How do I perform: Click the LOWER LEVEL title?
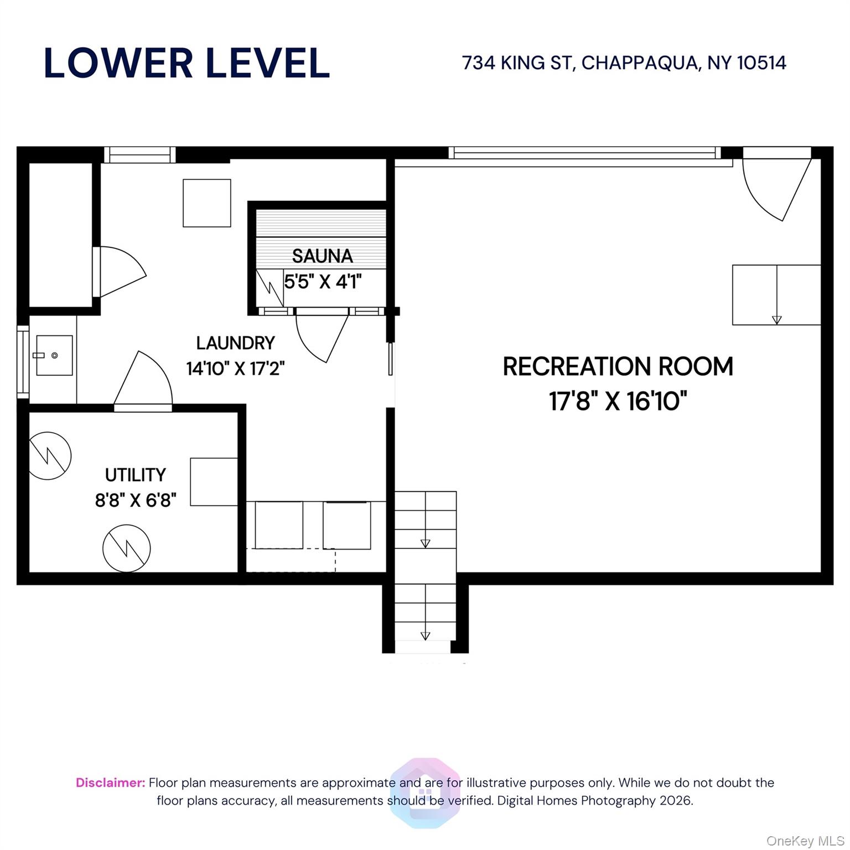(186, 63)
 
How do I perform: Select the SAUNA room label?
(322, 256)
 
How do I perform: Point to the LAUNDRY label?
(235, 343)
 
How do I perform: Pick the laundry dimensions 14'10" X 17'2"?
(235, 368)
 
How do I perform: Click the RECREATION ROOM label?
(618, 366)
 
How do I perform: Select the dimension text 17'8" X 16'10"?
(618, 401)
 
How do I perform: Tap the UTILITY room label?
(135, 475)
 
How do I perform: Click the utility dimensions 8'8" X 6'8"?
(136, 500)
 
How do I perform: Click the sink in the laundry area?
(54, 355)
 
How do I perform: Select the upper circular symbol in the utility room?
(50, 455)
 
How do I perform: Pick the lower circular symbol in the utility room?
(127, 548)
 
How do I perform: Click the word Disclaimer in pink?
(110, 782)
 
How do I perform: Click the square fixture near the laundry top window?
(206, 203)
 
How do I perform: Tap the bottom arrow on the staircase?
(425, 636)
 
